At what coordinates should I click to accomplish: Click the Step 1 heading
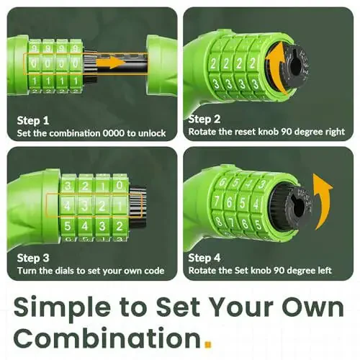(33, 120)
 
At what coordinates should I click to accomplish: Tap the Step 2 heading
(204, 119)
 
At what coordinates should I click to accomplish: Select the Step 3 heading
(33, 258)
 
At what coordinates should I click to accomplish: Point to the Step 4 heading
(204, 258)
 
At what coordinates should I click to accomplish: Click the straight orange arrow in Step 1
(111, 62)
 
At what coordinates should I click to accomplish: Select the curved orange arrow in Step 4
(323, 202)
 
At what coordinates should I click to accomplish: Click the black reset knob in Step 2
(294, 66)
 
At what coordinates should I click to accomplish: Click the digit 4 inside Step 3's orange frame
(68, 206)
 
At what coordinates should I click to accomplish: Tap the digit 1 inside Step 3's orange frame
(120, 206)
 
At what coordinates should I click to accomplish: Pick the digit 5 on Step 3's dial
(68, 226)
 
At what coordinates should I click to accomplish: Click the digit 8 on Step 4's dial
(219, 221)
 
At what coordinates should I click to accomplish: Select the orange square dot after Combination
(208, 344)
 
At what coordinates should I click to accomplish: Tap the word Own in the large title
(312, 307)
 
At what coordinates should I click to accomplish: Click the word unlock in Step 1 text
(152, 133)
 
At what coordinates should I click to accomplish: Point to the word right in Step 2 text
(335, 132)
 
